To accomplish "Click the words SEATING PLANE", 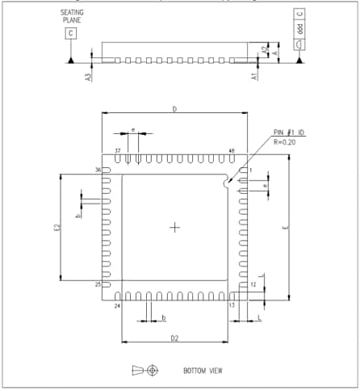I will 71,17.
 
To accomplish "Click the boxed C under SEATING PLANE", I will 72,32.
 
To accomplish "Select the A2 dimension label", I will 265,49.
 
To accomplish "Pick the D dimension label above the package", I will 174,108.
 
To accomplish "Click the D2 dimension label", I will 174,336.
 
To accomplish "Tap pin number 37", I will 118,151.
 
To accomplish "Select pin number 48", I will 232,151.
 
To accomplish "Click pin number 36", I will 98,170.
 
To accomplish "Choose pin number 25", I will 98,285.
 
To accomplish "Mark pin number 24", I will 117,305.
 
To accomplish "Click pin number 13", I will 232,305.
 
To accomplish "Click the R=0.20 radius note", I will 288,141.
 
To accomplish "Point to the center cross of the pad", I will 174,228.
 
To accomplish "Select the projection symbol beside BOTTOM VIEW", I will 145,370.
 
